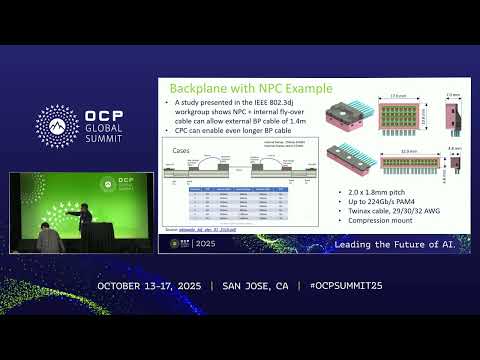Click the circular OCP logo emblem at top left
coord(57,125)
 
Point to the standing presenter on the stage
coord(87,218)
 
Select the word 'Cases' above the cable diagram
coord(181,151)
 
